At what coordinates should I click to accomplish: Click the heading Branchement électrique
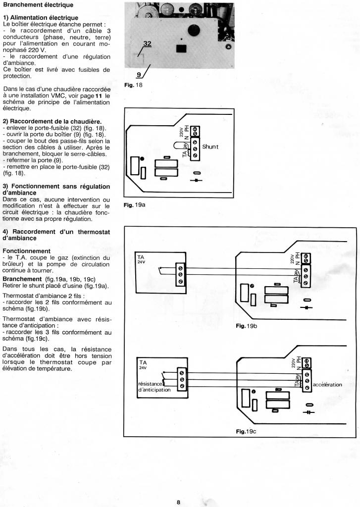click(38, 5)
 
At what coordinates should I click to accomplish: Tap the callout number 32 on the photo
click(147, 44)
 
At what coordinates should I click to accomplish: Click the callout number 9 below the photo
click(139, 75)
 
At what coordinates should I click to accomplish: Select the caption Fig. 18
click(132, 85)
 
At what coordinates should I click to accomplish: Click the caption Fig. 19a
click(134, 204)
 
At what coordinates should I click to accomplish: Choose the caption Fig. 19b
click(246, 326)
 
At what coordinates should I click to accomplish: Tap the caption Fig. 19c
click(246, 431)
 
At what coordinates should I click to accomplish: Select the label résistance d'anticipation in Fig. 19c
click(154, 387)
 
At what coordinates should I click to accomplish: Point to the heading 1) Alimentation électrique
click(41, 18)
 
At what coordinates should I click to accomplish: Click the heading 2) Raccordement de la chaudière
click(52, 121)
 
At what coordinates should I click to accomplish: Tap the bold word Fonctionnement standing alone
click(26, 251)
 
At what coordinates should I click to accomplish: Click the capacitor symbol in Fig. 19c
click(309, 411)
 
